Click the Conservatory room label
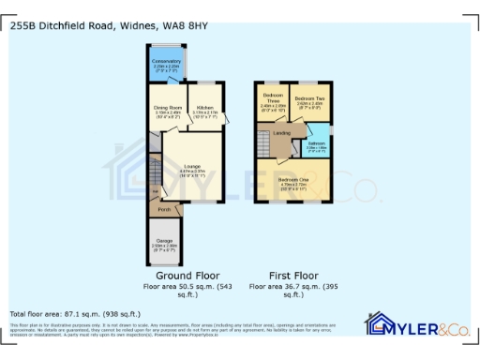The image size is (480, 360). [167, 62]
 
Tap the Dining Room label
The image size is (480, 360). [168, 109]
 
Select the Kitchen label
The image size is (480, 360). [205, 109]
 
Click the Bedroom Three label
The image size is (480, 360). [274, 97]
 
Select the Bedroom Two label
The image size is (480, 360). [308, 97]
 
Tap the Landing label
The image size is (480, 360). [282, 134]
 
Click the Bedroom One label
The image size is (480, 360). [295, 179]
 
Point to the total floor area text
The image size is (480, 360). [75, 314]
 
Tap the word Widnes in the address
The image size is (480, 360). [133, 27]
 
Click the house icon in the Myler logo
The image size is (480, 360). [379, 325]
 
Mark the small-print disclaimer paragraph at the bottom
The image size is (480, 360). [178, 329]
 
